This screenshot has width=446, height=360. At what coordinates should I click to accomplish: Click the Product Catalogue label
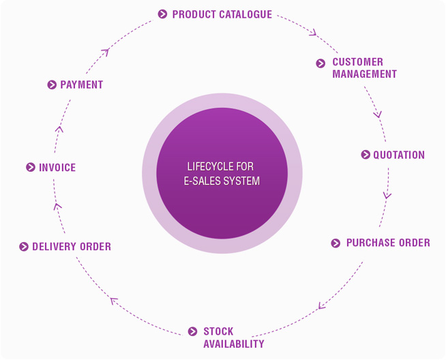[222, 14]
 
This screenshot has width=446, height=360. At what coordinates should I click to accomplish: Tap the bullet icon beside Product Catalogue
[162, 14]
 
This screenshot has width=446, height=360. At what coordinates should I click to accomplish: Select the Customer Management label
[364, 68]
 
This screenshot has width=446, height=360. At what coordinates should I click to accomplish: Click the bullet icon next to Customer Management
[321, 63]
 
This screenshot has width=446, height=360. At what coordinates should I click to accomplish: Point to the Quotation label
[398, 155]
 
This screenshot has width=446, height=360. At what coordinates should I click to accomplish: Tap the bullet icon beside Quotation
[366, 155]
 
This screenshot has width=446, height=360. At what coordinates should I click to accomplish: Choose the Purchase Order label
[388, 243]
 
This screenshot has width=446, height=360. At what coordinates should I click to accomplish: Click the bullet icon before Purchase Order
[336, 243]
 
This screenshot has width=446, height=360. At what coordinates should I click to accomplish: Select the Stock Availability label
[233, 337]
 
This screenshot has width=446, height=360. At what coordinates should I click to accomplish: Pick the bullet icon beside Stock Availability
[193, 332]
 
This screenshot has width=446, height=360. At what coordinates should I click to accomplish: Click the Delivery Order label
[72, 247]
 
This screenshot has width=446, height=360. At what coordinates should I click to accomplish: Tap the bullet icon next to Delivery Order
[24, 247]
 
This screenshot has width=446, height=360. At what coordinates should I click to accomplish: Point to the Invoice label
[57, 167]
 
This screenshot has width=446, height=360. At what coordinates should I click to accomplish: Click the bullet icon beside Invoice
[30, 167]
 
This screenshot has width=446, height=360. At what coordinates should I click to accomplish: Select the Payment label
[81, 85]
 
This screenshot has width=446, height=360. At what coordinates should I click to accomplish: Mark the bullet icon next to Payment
[52, 85]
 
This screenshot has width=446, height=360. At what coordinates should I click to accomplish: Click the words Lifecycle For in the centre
[220, 166]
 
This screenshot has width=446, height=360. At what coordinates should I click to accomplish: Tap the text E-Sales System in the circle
[222, 181]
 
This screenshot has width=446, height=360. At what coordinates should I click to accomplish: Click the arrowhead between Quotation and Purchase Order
[387, 196]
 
